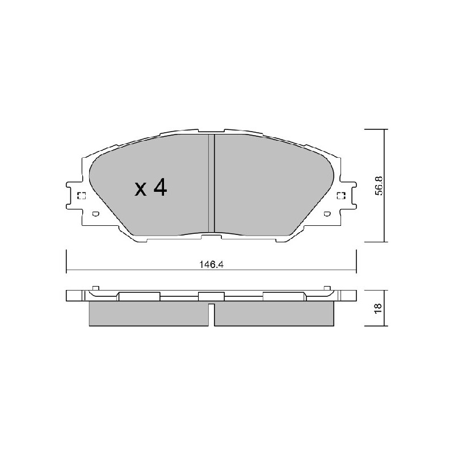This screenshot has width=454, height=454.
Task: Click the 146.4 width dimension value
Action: (211, 264)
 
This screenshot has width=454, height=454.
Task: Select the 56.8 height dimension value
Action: (379, 186)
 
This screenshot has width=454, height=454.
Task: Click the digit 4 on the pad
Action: (160, 187)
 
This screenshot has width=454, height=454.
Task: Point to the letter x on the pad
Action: (141, 190)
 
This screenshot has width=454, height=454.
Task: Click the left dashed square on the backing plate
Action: (81, 196)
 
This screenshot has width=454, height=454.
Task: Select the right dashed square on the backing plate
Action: (342, 196)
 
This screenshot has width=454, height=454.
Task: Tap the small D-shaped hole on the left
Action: (95, 215)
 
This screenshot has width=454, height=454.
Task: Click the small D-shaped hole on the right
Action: (327, 215)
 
